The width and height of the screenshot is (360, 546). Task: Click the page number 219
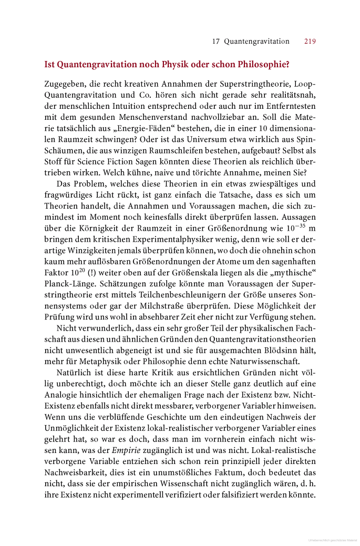[x=310, y=42]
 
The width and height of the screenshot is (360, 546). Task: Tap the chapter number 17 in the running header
[x=215, y=42]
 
